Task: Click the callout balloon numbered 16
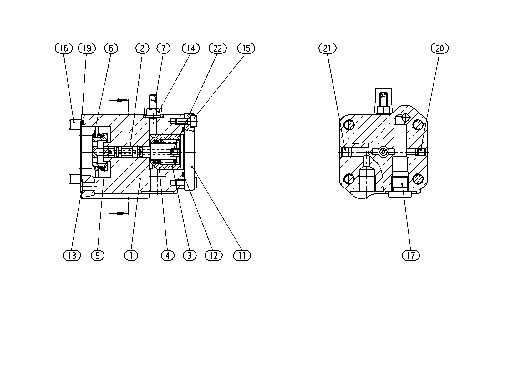tap(63, 48)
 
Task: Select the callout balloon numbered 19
tap(87, 48)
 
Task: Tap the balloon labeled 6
tap(111, 48)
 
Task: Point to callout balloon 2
tap(142, 48)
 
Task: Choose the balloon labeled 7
tap(164, 48)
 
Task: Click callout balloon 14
tap(191, 48)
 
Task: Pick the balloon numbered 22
tap(218, 48)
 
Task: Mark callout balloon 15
tap(246, 48)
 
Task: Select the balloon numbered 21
tap(327, 48)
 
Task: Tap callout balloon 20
tap(439, 48)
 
